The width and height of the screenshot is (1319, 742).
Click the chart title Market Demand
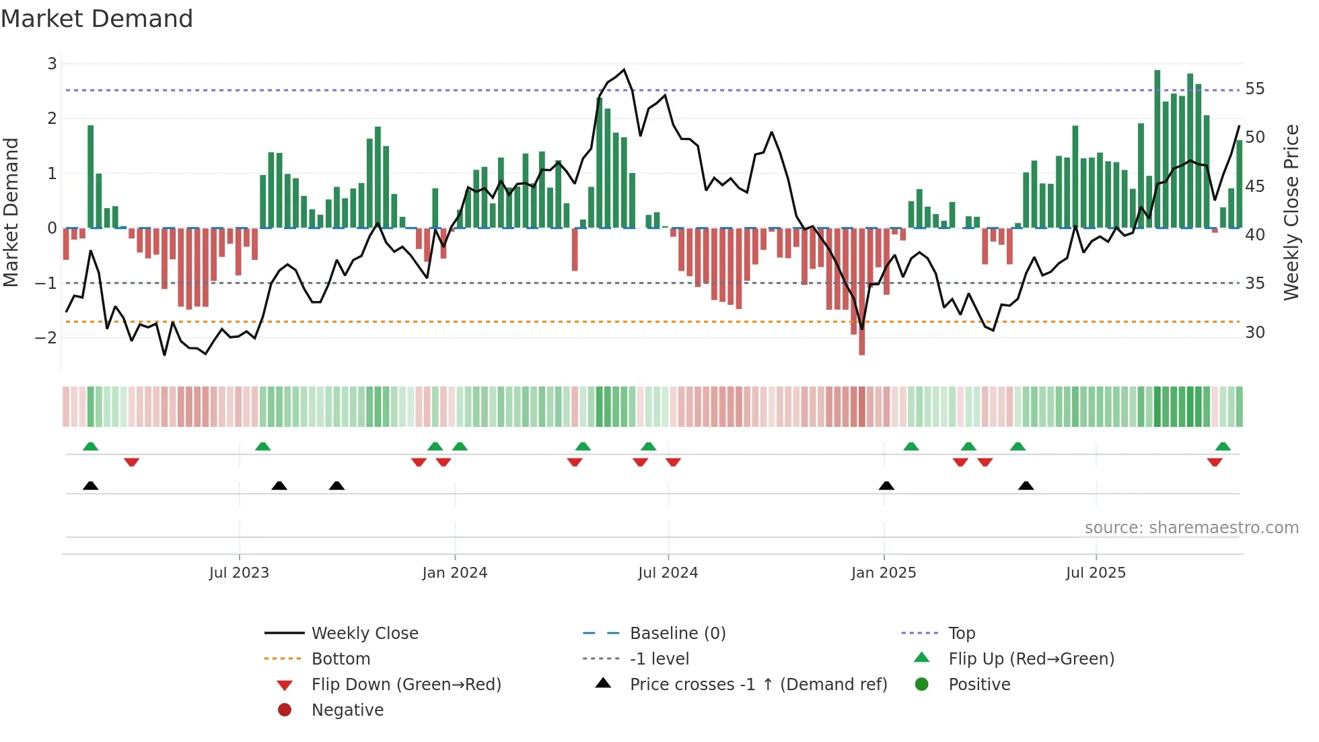(x=97, y=19)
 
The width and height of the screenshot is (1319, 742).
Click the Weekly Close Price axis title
(x=1291, y=212)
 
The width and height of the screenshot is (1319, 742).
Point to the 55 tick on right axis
(x=1254, y=89)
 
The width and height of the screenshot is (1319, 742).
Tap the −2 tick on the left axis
(x=46, y=337)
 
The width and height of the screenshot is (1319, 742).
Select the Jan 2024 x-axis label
(x=454, y=573)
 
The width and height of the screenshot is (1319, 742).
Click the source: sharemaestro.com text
(x=1191, y=528)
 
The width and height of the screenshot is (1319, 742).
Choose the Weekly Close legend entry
(x=364, y=634)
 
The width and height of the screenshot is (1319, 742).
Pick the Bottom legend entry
(x=341, y=659)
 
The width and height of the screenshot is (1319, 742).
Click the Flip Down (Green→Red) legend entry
(x=406, y=685)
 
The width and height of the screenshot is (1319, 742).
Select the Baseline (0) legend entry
(x=677, y=634)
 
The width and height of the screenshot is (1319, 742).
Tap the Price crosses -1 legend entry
(x=758, y=685)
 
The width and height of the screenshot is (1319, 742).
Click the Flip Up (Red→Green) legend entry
(x=1031, y=659)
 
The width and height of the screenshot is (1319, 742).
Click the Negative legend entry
(x=347, y=710)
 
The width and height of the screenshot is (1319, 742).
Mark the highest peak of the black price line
(x=624, y=69)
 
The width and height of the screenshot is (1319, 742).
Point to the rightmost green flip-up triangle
(x=1223, y=446)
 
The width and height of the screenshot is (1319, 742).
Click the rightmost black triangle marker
(x=1026, y=485)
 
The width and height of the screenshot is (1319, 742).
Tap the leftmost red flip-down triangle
(x=132, y=462)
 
